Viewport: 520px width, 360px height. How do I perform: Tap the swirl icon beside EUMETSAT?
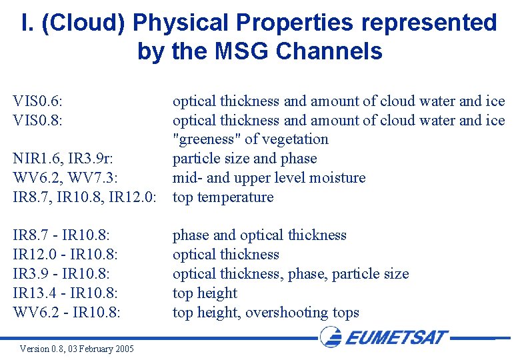[331, 336]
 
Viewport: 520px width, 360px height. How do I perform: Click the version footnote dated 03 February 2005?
[77, 349]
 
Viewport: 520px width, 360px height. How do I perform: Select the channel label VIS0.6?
[43, 101]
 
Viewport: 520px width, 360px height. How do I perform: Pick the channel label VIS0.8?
[43, 121]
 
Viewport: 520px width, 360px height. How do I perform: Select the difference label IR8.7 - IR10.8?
[62, 235]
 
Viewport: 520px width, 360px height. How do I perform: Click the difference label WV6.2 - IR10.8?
[67, 313]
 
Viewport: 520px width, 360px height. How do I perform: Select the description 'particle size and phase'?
[245, 159]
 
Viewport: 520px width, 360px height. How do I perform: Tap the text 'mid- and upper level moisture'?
[269, 178]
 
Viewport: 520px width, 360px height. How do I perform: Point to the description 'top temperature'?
[223, 197]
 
